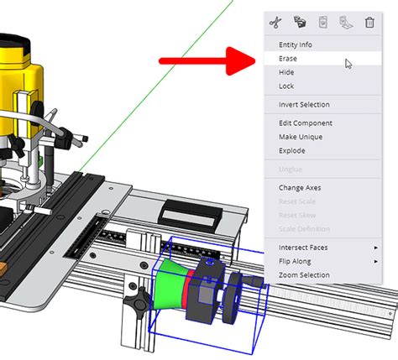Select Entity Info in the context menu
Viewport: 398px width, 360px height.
tap(296, 44)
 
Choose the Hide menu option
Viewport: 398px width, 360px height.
tap(286, 73)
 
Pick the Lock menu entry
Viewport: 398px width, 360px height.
tap(286, 86)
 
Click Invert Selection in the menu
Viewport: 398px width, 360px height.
tap(304, 105)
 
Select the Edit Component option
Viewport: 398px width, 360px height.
tap(305, 123)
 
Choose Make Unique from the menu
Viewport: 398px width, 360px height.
tap(301, 137)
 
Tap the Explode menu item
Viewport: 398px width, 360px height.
tap(292, 151)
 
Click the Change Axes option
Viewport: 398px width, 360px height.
tap(301, 188)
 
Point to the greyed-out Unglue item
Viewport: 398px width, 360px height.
tap(291, 170)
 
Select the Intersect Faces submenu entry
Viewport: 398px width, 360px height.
tap(303, 248)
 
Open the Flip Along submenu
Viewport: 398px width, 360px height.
tap(296, 261)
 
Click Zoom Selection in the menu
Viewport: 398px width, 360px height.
tap(303, 275)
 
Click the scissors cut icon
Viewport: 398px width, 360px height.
tap(273, 22)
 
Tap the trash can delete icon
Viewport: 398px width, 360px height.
tap(369, 22)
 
